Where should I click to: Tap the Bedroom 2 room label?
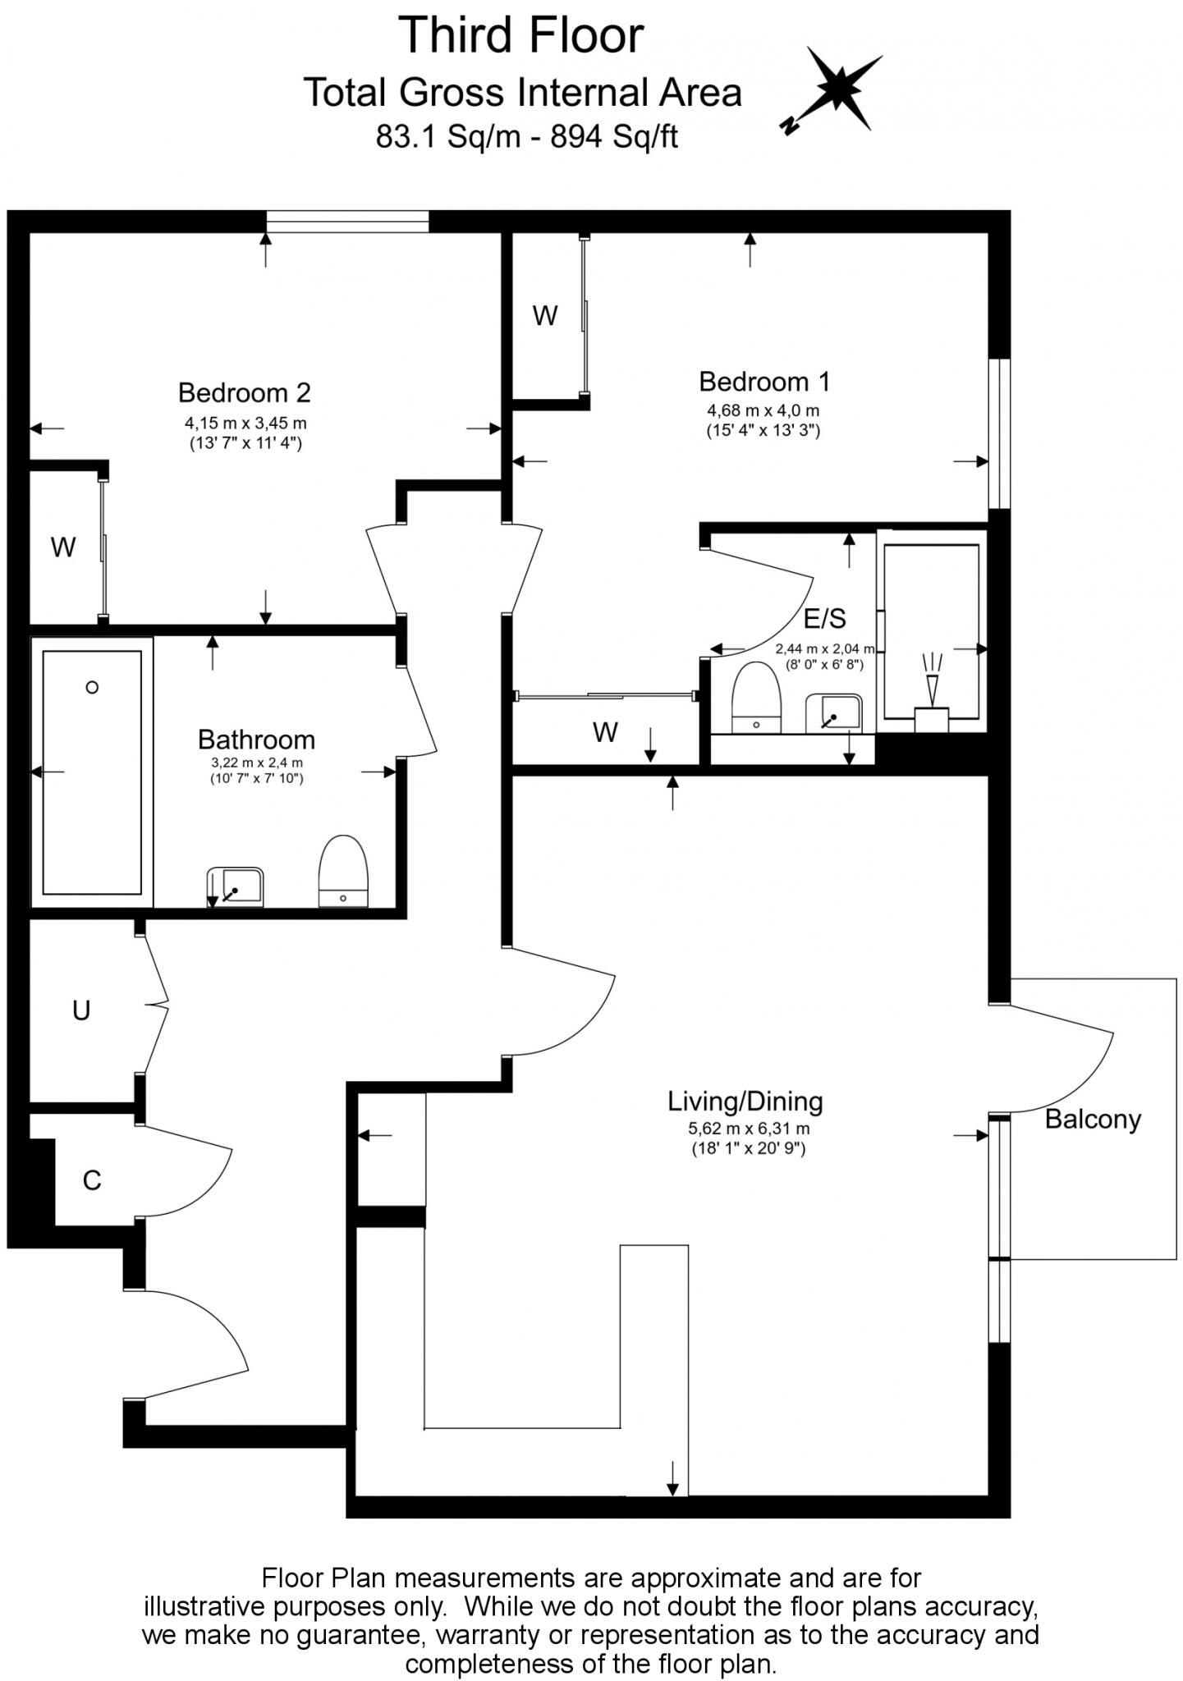(x=244, y=392)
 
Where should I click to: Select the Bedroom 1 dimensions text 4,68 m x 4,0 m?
(x=763, y=410)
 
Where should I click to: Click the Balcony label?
(x=1092, y=1120)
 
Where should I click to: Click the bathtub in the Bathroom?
(x=92, y=772)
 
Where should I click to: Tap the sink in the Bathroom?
(x=236, y=886)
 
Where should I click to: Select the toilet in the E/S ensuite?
(x=755, y=697)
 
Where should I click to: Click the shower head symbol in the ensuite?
(x=932, y=686)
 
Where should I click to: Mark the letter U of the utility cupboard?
(x=80, y=1010)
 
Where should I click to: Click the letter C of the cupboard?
(x=92, y=1180)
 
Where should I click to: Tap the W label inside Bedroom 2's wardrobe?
(x=63, y=547)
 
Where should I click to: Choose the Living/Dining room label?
(x=745, y=1102)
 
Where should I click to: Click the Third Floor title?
(x=521, y=36)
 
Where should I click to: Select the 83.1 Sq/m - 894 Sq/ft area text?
(x=526, y=136)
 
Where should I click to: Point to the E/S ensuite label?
(x=824, y=618)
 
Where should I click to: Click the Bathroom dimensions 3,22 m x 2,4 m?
(x=256, y=763)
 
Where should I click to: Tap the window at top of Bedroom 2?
(x=347, y=222)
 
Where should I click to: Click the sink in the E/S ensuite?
(x=834, y=712)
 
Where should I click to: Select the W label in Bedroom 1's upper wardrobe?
(x=545, y=315)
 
